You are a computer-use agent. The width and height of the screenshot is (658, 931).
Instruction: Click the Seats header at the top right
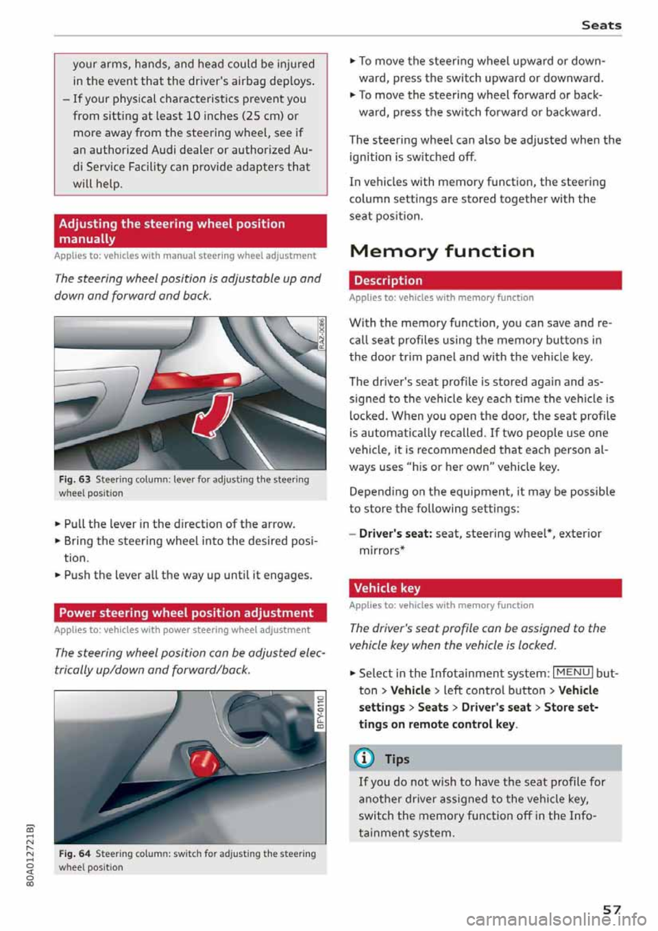600,25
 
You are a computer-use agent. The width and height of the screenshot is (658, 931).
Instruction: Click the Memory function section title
441,252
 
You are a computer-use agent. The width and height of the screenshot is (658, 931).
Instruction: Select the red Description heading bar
485,280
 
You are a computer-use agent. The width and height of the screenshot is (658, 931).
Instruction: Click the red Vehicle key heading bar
485,588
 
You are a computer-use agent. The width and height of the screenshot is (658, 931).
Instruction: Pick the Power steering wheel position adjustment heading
190,613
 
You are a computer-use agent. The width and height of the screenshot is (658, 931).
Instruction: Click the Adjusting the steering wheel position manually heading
190,231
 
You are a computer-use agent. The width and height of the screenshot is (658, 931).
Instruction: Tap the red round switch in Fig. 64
204,760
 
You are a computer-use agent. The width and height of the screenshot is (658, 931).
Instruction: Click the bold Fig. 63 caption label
74,480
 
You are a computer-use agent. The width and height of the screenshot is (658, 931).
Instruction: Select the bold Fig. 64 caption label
74,854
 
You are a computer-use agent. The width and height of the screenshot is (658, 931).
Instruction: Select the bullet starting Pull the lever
179,524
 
